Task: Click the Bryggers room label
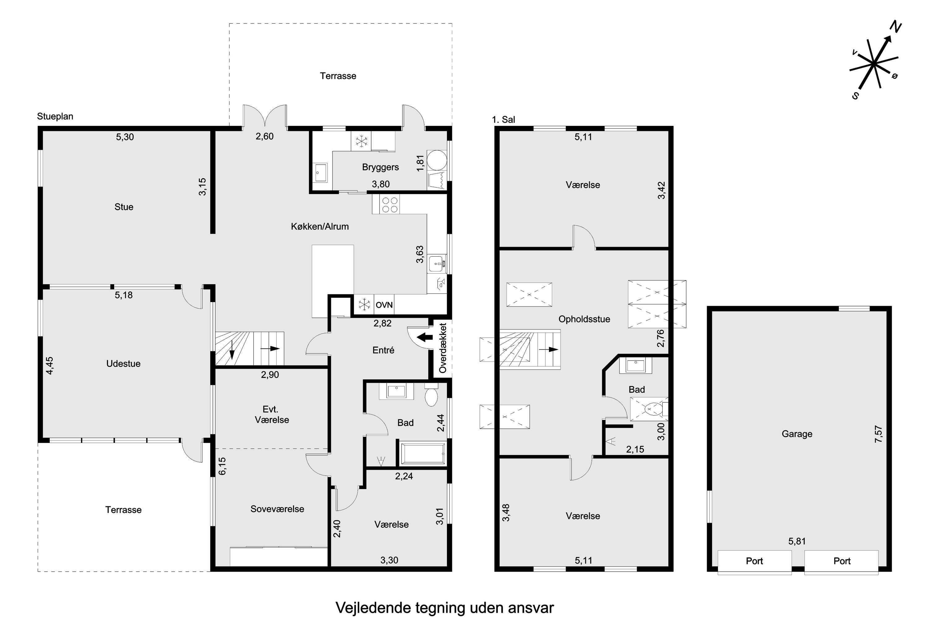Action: click(x=380, y=167)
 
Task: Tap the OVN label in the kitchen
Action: click(x=384, y=305)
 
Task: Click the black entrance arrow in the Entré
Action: click(x=424, y=337)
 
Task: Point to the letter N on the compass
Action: click(x=895, y=27)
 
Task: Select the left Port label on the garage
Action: click(x=754, y=561)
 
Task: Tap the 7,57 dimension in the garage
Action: click(x=878, y=434)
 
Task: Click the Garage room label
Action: click(x=797, y=434)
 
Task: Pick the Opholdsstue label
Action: click(x=584, y=319)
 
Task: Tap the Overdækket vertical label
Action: click(x=443, y=348)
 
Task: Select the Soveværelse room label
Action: click(x=277, y=509)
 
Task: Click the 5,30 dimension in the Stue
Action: click(x=125, y=137)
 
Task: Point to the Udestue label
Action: click(x=123, y=364)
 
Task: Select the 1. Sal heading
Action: click(x=504, y=119)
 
